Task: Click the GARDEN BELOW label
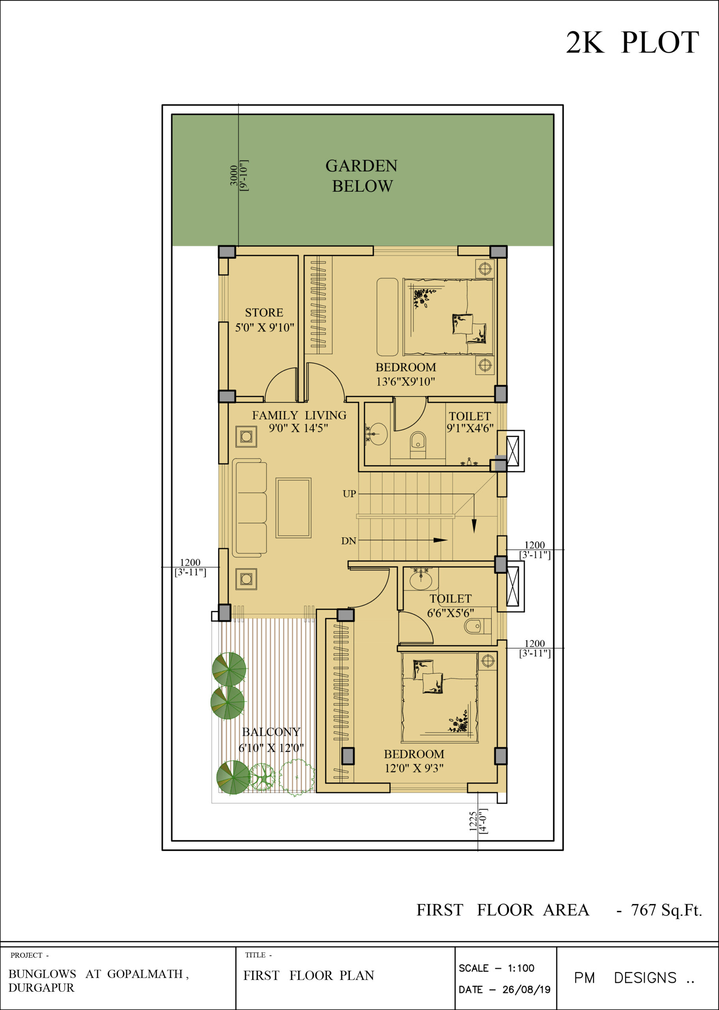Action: pyautogui.click(x=362, y=176)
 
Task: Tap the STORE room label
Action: pyautogui.click(x=264, y=312)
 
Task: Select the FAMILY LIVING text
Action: pyautogui.click(x=299, y=415)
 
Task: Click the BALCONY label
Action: pyautogui.click(x=271, y=731)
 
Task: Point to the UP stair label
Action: pyautogui.click(x=349, y=494)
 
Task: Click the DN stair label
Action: pyautogui.click(x=349, y=541)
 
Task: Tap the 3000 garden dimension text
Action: pyautogui.click(x=233, y=175)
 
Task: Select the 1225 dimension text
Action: pyautogui.click(x=473, y=821)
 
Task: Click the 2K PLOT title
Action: pyautogui.click(x=632, y=43)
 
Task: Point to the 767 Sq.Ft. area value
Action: pyautogui.click(x=666, y=910)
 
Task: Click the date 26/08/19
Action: pyautogui.click(x=526, y=989)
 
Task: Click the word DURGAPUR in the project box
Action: pyautogui.click(x=41, y=988)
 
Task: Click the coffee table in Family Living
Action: pyautogui.click(x=293, y=508)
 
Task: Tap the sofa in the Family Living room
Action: pyautogui.click(x=249, y=507)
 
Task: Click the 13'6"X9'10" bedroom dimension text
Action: pyautogui.click(x=406, y=382)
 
